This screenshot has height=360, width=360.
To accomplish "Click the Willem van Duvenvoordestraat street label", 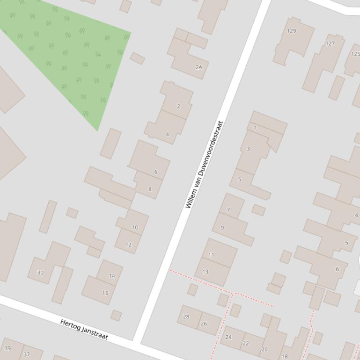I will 204,165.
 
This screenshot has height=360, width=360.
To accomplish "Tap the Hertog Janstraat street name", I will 84,330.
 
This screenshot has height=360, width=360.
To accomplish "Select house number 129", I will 292,31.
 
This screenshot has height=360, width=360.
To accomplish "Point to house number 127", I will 331,43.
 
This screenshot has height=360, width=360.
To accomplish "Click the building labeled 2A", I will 199,67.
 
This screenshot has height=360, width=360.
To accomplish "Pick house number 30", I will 40,273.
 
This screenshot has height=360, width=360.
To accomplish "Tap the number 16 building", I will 105,293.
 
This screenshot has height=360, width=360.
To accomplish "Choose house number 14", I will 112,276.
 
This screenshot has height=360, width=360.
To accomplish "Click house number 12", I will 129,245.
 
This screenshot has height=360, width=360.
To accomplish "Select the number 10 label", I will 135,228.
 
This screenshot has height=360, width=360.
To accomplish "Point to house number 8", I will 150,189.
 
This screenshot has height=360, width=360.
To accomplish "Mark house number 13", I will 206,272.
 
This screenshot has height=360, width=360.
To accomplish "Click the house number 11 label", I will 211,255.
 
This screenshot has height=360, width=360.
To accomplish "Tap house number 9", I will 222,228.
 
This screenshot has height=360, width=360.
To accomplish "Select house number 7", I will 228,210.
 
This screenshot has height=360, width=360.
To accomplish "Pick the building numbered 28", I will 186,317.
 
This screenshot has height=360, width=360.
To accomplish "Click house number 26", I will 204,324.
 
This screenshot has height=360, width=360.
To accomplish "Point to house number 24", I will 228,337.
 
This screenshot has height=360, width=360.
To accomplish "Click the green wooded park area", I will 70,51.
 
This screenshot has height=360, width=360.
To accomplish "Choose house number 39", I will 7,348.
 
